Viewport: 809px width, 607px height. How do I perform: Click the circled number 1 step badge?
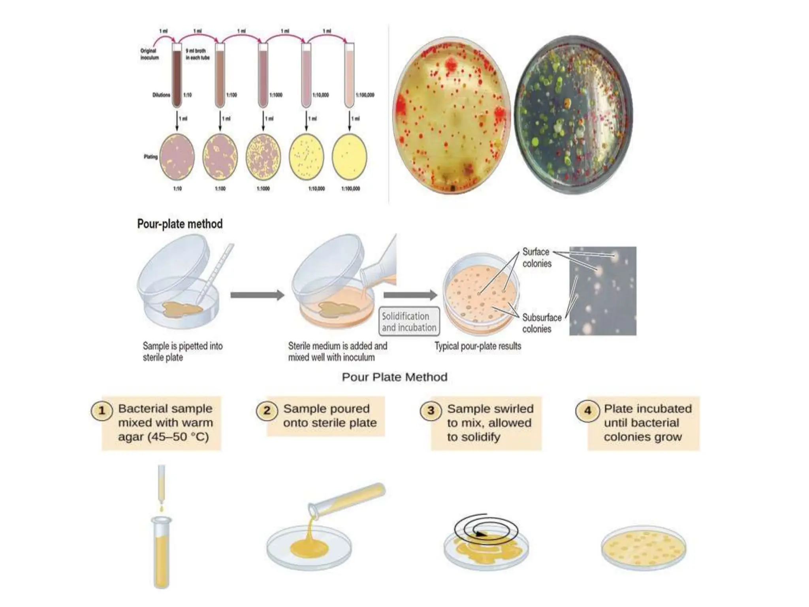(x=102, y=411)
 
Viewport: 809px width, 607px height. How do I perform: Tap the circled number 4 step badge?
(x=587, y=411)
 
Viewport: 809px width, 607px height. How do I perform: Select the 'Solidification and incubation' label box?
(x=409, y=322)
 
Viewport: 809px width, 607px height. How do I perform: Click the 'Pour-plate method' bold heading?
(x=180, y=224)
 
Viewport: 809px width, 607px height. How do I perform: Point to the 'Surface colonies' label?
(x=536, y=258)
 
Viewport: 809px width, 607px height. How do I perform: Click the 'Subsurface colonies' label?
(x=541, y=323)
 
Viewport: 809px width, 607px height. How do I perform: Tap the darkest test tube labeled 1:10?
(x=177, y=75)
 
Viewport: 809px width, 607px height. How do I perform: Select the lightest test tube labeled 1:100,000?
(x=349, y=75)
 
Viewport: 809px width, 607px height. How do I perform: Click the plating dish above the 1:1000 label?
(x=263, y=157)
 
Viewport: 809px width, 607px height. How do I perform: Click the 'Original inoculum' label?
(x=149, y=54)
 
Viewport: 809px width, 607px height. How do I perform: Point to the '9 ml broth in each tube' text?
(x=198, y=54)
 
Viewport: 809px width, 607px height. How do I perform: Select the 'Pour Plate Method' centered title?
(x=394, y=377)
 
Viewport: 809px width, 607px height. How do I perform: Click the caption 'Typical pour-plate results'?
(x=478, y=346)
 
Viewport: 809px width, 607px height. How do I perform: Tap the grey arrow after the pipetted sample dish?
(x=257, y=295)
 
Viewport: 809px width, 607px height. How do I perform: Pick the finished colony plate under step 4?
(x=643, y=549)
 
